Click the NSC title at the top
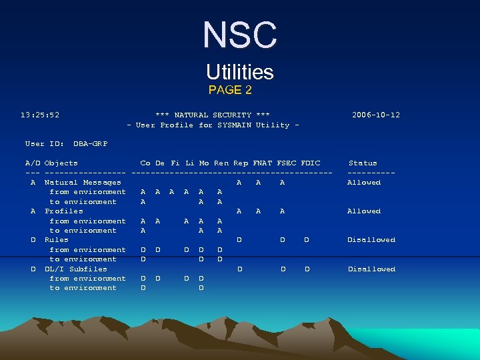(x=239, y=35)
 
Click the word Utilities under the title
(x=239, y=72)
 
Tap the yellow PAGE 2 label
(x=230, y=89)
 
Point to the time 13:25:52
(x=40, y=115)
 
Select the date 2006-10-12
(x=376, y=115)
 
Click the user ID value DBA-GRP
(x=90, y=143)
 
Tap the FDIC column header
(x=311, y=163)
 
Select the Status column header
(x=363, y=163)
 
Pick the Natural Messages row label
(x=83, y=182)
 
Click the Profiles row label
(x=64, y=211)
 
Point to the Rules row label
(x=57, y=239)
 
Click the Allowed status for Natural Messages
(x=364, y=182)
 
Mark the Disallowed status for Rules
(x=371, y=239)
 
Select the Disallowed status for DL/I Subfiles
(x=371, y=269)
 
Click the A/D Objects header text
(x=51, y=163)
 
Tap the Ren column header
(x=221, y=163)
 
